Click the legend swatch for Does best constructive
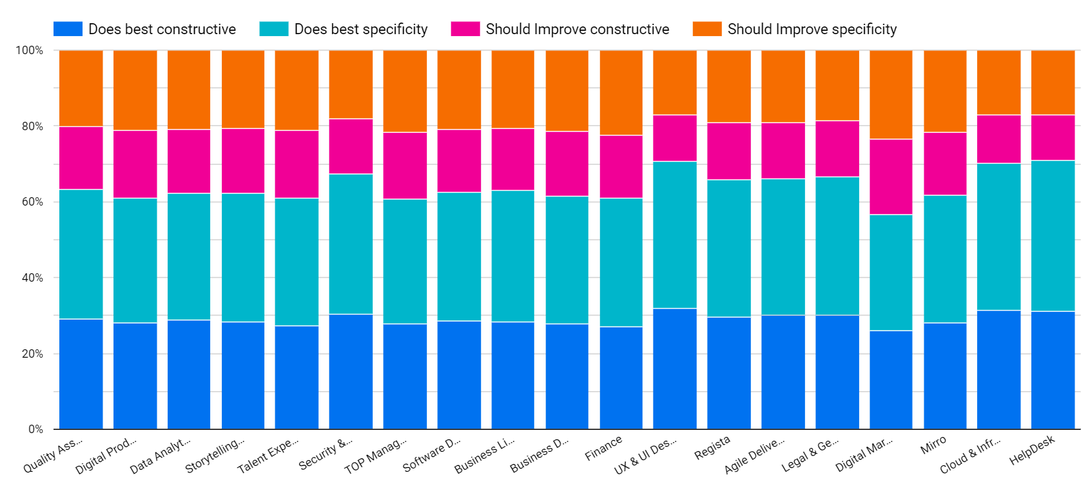click(x=68, y=29)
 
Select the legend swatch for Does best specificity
click(x=273, y=29)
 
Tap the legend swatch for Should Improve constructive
click(x=465, y=29)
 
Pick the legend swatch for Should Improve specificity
click(x=707, y=29)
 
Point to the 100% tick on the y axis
click(x=30, y=50)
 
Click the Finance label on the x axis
click(x=604, y=448)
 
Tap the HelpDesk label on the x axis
click(x=1033, y=450)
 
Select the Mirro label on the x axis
click(x=933, y=445)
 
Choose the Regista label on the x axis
click(x=713, y=447)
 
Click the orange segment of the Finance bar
click(x=621, y=93)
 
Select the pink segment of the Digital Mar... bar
click(x=891, y=177)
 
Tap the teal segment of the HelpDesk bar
click(x=1053, y=236)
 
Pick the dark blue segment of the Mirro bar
click(x=945, y=376)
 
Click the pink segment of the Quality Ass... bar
click(x=81, y=158)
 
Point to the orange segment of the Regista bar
click(x=729, y=86)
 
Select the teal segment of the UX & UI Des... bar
click(x=675, y=235)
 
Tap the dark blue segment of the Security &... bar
click(x=351, y=372)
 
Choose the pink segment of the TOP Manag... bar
click(x=405, y=166)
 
